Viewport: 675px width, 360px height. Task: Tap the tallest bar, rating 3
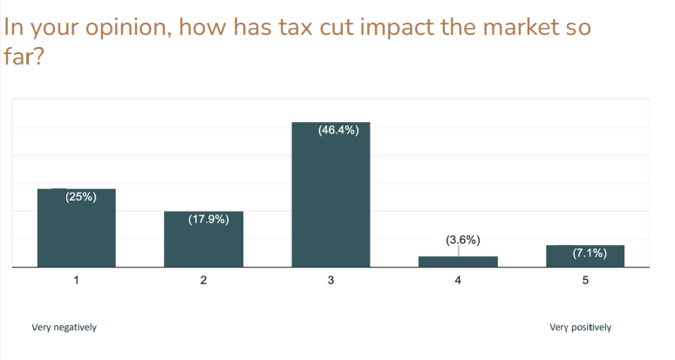pyautogui.click(x=331, y=195)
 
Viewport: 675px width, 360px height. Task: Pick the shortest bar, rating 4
pyautogui.click(x=458, y=262)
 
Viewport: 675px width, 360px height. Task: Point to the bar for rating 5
pyautogui.click(x=585, y=256)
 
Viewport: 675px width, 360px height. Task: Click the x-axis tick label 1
pyautogui.click(x=76, y=280)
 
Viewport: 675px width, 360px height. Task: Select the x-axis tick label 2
pyautogui.click(x=203, y=280)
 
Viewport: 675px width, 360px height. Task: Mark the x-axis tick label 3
pyautogui.click(x=331, y=280)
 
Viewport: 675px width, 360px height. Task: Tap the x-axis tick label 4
pyautogui.click(x=458, y=280)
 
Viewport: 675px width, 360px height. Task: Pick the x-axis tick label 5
pyautogui.click(x=585, y=280)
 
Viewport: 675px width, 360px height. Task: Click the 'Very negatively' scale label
pyautogui.click(x=64, y=328)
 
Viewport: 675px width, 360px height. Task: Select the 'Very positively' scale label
pyautogui.click(x=580, y=328)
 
